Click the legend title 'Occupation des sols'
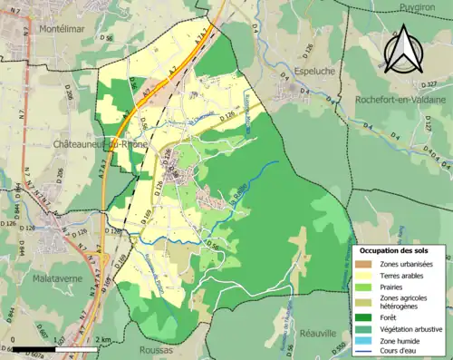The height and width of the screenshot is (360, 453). (x=394, y=249)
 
